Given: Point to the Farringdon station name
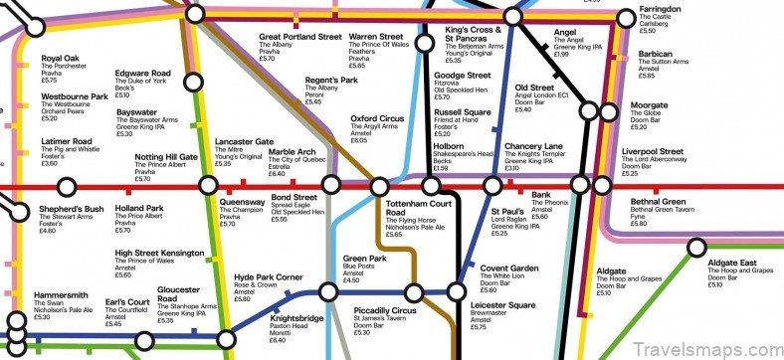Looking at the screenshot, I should point(661,9).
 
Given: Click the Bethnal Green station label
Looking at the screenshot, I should point(664,202).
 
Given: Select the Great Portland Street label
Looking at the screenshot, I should point(300,37).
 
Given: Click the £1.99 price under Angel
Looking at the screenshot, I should point(562,54).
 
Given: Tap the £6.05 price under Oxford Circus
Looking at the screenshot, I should point(360,141).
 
